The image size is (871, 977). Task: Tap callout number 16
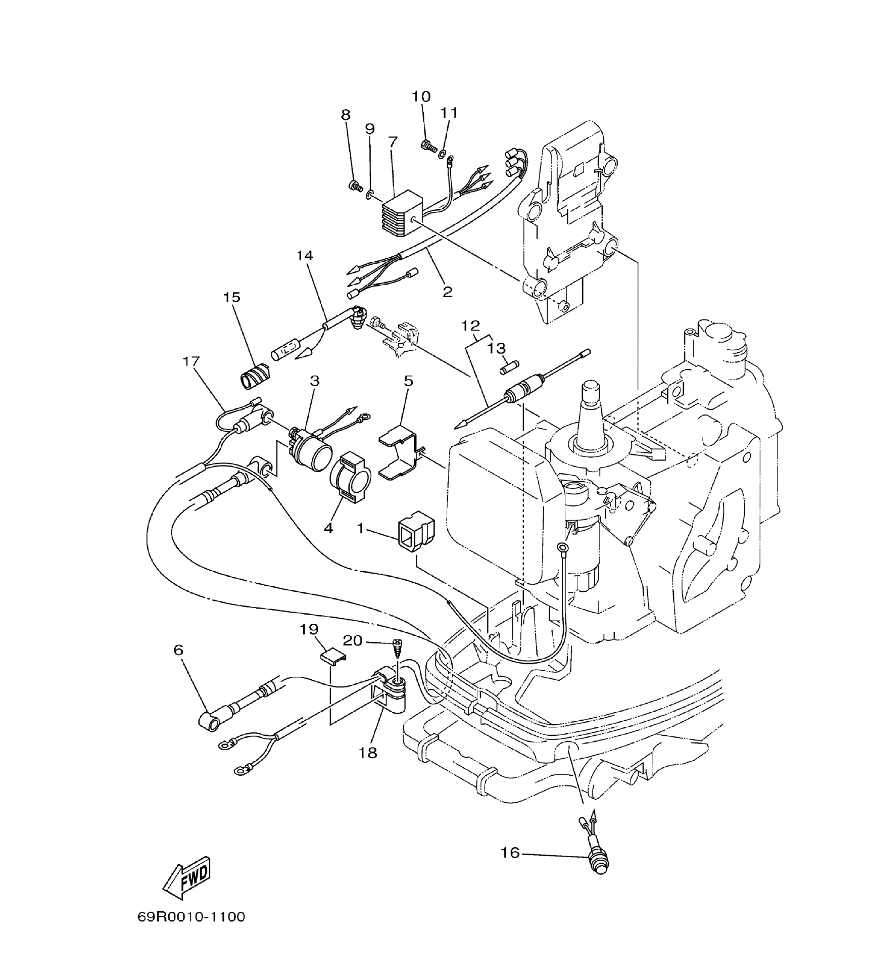(x=510, y=853)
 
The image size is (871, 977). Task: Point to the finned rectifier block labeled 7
(x=398, y=214)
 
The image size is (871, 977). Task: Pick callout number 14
(x=304, y=256)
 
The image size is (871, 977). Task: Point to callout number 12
(x=470, y=325)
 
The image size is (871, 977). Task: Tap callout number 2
(x=447, y=292)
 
